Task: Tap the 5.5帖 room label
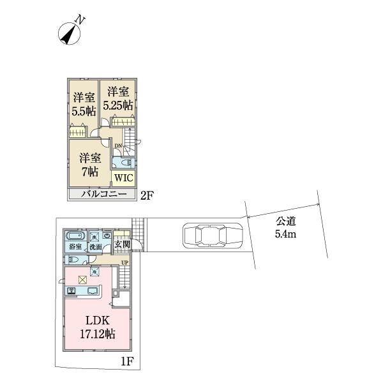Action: coord(84,103)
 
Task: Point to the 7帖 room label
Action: coord(89,164)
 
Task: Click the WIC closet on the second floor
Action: coord(123,177)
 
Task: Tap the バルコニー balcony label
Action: coord(101,195)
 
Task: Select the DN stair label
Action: coord(118,146)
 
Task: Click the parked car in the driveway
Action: coord(213,236)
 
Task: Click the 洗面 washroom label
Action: coord(95,246)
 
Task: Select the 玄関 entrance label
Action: coord(123,244)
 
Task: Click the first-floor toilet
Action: coord(75,260)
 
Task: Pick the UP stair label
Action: coord(124,263)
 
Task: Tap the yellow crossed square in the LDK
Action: coord(82,279)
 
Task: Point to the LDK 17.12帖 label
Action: coord(97,326)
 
